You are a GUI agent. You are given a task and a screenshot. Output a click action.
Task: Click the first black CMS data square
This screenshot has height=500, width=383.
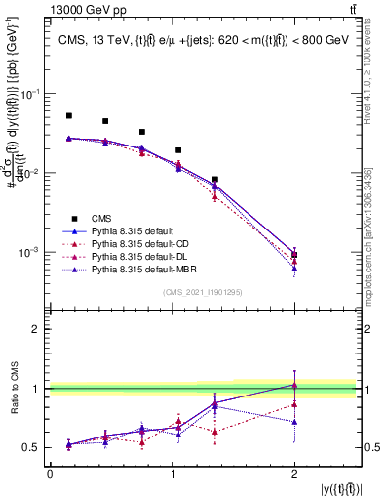[x=69, y=115]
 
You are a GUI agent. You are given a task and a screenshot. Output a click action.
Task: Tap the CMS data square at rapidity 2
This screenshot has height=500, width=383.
[x=294, y=255]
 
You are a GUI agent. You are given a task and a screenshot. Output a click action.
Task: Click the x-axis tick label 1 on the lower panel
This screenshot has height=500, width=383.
[x=172, y=474]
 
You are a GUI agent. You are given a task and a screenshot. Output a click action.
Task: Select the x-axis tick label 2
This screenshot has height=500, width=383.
[x=294, y=474]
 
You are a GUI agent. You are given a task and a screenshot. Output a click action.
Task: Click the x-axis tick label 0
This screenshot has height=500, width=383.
[x=50, y=474]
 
